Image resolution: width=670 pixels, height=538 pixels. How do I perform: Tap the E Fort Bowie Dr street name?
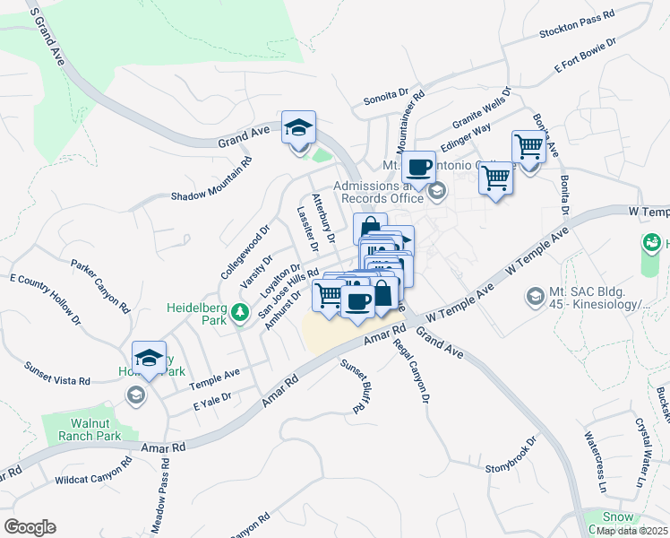coord(586,55)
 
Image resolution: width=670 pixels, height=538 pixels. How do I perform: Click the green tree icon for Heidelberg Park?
coord(239,312)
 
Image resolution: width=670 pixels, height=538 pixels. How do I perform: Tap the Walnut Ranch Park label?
coord(94,430)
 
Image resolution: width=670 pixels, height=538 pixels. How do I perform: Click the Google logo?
coord(30,527)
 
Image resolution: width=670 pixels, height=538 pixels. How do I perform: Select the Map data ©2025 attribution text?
coord(631,531)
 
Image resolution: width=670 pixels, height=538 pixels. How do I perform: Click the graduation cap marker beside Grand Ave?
coord(299,128)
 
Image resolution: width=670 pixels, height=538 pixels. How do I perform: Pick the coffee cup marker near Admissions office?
coord(418,168)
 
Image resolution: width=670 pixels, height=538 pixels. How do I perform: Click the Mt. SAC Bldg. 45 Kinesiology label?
coord(597,299)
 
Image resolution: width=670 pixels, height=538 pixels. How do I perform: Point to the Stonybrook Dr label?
coord(510,456)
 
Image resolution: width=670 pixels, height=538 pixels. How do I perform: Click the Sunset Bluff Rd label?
coord(354,386)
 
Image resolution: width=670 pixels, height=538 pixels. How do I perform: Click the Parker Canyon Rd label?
coord(101,286)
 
